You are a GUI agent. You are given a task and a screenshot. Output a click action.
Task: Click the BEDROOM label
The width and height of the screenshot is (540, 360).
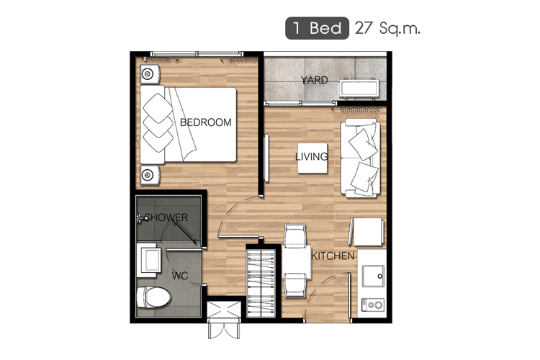click(206, 122)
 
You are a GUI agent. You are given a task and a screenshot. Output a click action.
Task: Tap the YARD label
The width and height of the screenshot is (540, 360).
click(315, 80)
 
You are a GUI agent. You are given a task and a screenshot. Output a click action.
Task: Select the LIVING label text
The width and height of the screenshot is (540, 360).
click(312, 157)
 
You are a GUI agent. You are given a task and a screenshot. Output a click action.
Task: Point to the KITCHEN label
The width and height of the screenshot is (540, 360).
click(333, 256)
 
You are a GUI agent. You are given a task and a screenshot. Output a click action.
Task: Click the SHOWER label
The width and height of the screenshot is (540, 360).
click(166, 217)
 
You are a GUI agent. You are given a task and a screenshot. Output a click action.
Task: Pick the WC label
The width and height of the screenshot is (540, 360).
click(180, 276)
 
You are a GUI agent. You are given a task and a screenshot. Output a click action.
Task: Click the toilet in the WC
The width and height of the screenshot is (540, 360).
click(153, 297)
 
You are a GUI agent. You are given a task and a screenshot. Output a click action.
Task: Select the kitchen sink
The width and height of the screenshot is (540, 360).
click(373, 276)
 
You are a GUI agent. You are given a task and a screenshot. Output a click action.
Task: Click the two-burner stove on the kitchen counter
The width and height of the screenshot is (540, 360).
click(373, 305)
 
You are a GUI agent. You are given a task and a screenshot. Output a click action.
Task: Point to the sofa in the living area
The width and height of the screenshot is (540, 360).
click(361, 158)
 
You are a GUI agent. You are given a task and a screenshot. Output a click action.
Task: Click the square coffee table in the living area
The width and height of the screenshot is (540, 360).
click(312, 158)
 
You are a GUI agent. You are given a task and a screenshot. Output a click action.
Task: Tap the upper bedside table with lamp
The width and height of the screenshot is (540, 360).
click(150, 74)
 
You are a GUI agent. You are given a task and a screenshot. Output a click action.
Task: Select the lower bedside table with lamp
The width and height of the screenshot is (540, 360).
click(150, 175)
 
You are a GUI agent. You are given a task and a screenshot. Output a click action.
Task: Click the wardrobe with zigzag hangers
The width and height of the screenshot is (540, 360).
click(261, 283)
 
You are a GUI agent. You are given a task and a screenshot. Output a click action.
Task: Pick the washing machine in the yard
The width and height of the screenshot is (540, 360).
click(359, 89)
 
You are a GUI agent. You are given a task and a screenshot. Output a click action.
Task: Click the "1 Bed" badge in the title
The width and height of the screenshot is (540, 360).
click(317, 28)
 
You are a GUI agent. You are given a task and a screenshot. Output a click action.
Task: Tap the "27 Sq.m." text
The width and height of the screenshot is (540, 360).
click(388, 28)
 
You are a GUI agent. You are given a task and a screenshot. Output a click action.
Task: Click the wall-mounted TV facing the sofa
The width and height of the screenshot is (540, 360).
click(266, 158)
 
